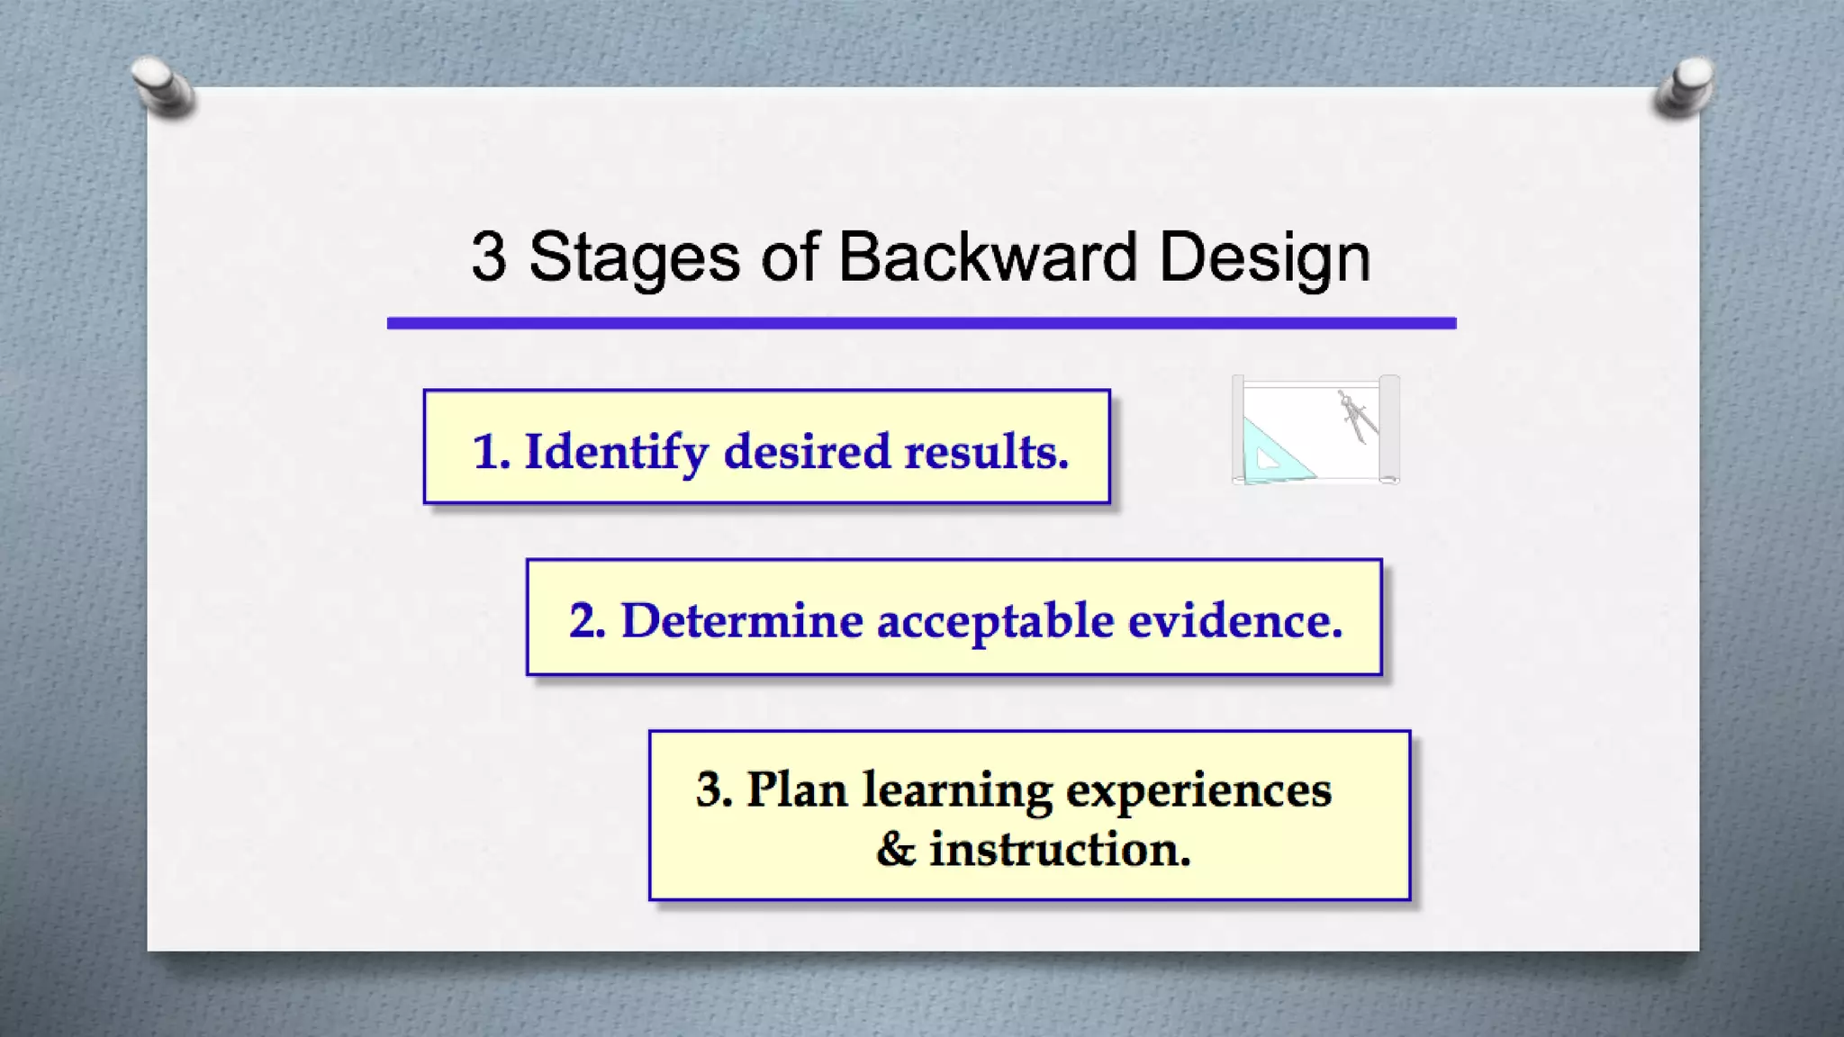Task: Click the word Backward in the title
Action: click(x=989, y=257)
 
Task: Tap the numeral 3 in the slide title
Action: click(x=489, y=257)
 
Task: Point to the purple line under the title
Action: click(x=921, y=323)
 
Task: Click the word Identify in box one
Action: click(x=617, y=452)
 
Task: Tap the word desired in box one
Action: click(x=807, y=452)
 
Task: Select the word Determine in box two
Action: click(x=742, y=621)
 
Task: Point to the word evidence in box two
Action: click(x=1234, y=621)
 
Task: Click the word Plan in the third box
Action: click(x=797, y=790)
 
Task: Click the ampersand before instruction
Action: click(x=895, y=850)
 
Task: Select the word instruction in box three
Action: click(x=1060, y=850)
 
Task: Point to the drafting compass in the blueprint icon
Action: click(x=1357, y=416)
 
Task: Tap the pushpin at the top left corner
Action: click(x=162, y=87)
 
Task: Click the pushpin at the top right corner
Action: click(x=1685, y=87)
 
